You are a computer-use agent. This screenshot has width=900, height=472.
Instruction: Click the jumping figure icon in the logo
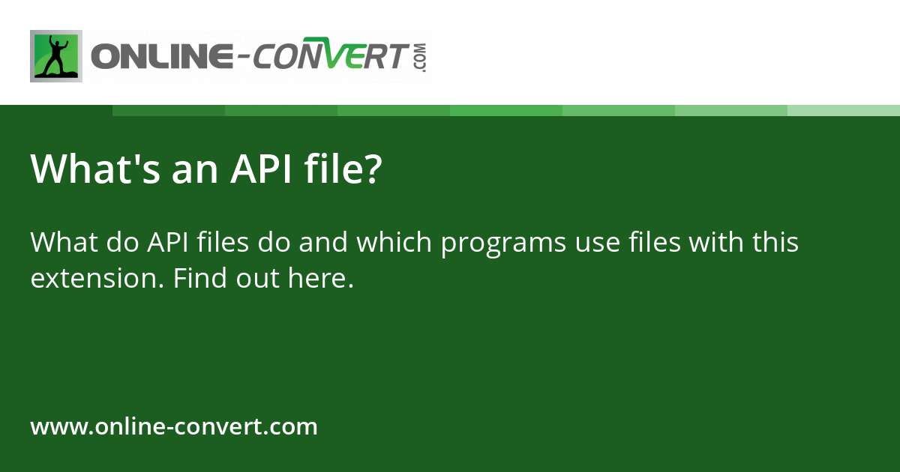tap(56, 56)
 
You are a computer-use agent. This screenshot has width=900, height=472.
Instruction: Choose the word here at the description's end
tap(319, 279)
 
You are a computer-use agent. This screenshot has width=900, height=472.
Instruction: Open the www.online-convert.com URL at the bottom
tap(174, 427)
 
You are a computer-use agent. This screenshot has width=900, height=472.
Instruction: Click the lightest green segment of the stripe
tap(844, 110)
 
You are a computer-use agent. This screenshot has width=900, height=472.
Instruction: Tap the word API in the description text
tap(168, 243)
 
